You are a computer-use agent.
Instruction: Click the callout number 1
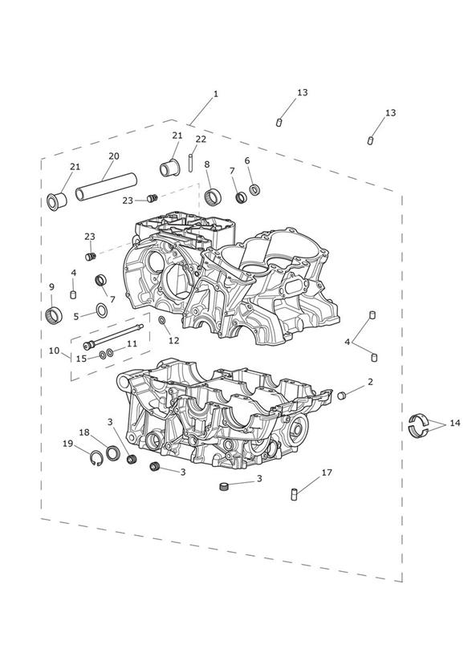tap(216, 94)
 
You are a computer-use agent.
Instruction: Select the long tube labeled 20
tap(106, 187)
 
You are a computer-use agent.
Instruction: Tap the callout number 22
tap(201, 139)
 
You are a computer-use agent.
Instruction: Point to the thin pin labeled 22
tap(191, 163)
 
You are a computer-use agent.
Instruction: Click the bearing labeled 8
tap(213, 196)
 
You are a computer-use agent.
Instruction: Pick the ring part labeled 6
tap(254, 189)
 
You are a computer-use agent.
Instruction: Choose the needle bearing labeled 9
tap(54, 315)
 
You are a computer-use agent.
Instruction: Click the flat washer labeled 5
tap(102, 310)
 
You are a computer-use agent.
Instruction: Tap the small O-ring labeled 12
tap(162, 321)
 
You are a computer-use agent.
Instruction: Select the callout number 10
tap(54, 351)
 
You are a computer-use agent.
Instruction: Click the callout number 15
tap(81, 359)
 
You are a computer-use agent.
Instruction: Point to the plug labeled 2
tap(341, 395)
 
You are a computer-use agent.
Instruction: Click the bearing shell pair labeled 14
tap(417, 424)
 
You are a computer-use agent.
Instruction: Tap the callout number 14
tap(455, 423)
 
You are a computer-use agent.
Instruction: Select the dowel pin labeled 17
tap(294, 493)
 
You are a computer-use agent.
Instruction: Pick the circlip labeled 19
tap(96, 458)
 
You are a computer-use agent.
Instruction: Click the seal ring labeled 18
tap(112, 452)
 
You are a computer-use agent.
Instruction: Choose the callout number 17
tap(327, 472)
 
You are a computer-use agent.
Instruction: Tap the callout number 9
tap(51, 287)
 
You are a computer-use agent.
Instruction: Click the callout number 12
tap(174, 340)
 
